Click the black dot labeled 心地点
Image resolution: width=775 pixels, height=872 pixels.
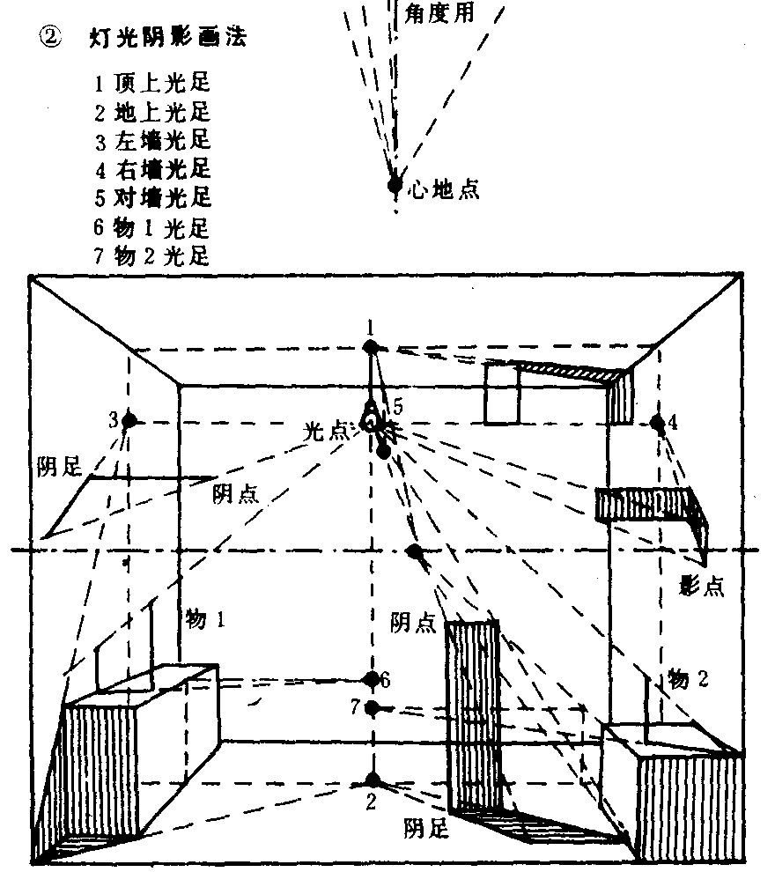[x=395, y=184]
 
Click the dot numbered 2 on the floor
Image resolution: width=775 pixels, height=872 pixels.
[x=373, y=780]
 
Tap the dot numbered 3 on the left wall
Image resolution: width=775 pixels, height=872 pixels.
[x=129, y=420]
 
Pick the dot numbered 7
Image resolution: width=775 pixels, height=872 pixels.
[x=373, y=707]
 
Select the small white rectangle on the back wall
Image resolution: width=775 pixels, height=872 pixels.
[x=500, y=394]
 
